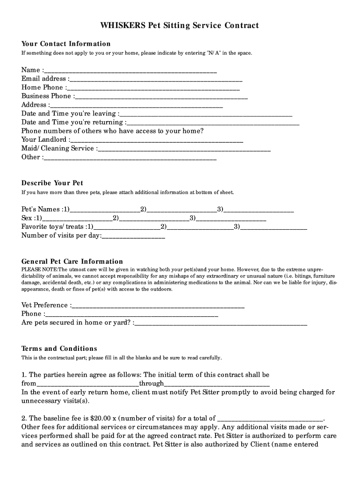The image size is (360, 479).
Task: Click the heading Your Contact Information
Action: coord(66,44)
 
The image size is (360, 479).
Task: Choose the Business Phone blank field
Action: coord(161,97)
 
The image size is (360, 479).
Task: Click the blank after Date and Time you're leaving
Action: coord(206,114)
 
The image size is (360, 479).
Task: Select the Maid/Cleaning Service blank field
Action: coord(185,149)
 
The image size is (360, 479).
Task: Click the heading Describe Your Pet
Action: coord(52,183)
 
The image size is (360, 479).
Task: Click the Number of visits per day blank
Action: coord(134,236)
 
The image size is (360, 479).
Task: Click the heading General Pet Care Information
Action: coord(72,261)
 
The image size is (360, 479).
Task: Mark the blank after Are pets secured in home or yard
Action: coord(221,323)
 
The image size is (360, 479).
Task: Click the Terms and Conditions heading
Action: coord(59,348)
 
